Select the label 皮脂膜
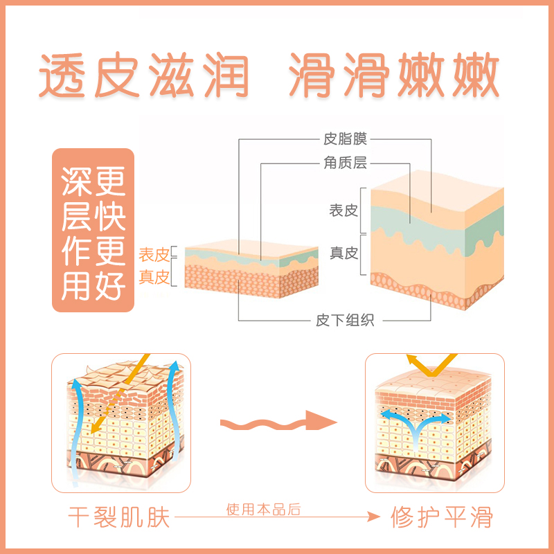click(x=345, y=139)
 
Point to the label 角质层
click(x=345, y=163)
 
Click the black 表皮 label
click(x=343, y=209)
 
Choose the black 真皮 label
click(x=343, y=253)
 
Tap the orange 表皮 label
click(x=154, y=256)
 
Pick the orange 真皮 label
click(x=154, y=277)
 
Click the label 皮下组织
click(x=345, y=320)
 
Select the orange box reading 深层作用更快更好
click(x=93, y=229)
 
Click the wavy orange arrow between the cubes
click(x=277, y=421)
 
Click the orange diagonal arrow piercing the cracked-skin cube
click(x=125, y=391)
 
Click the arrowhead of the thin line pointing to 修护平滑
click(x=376, y=517)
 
